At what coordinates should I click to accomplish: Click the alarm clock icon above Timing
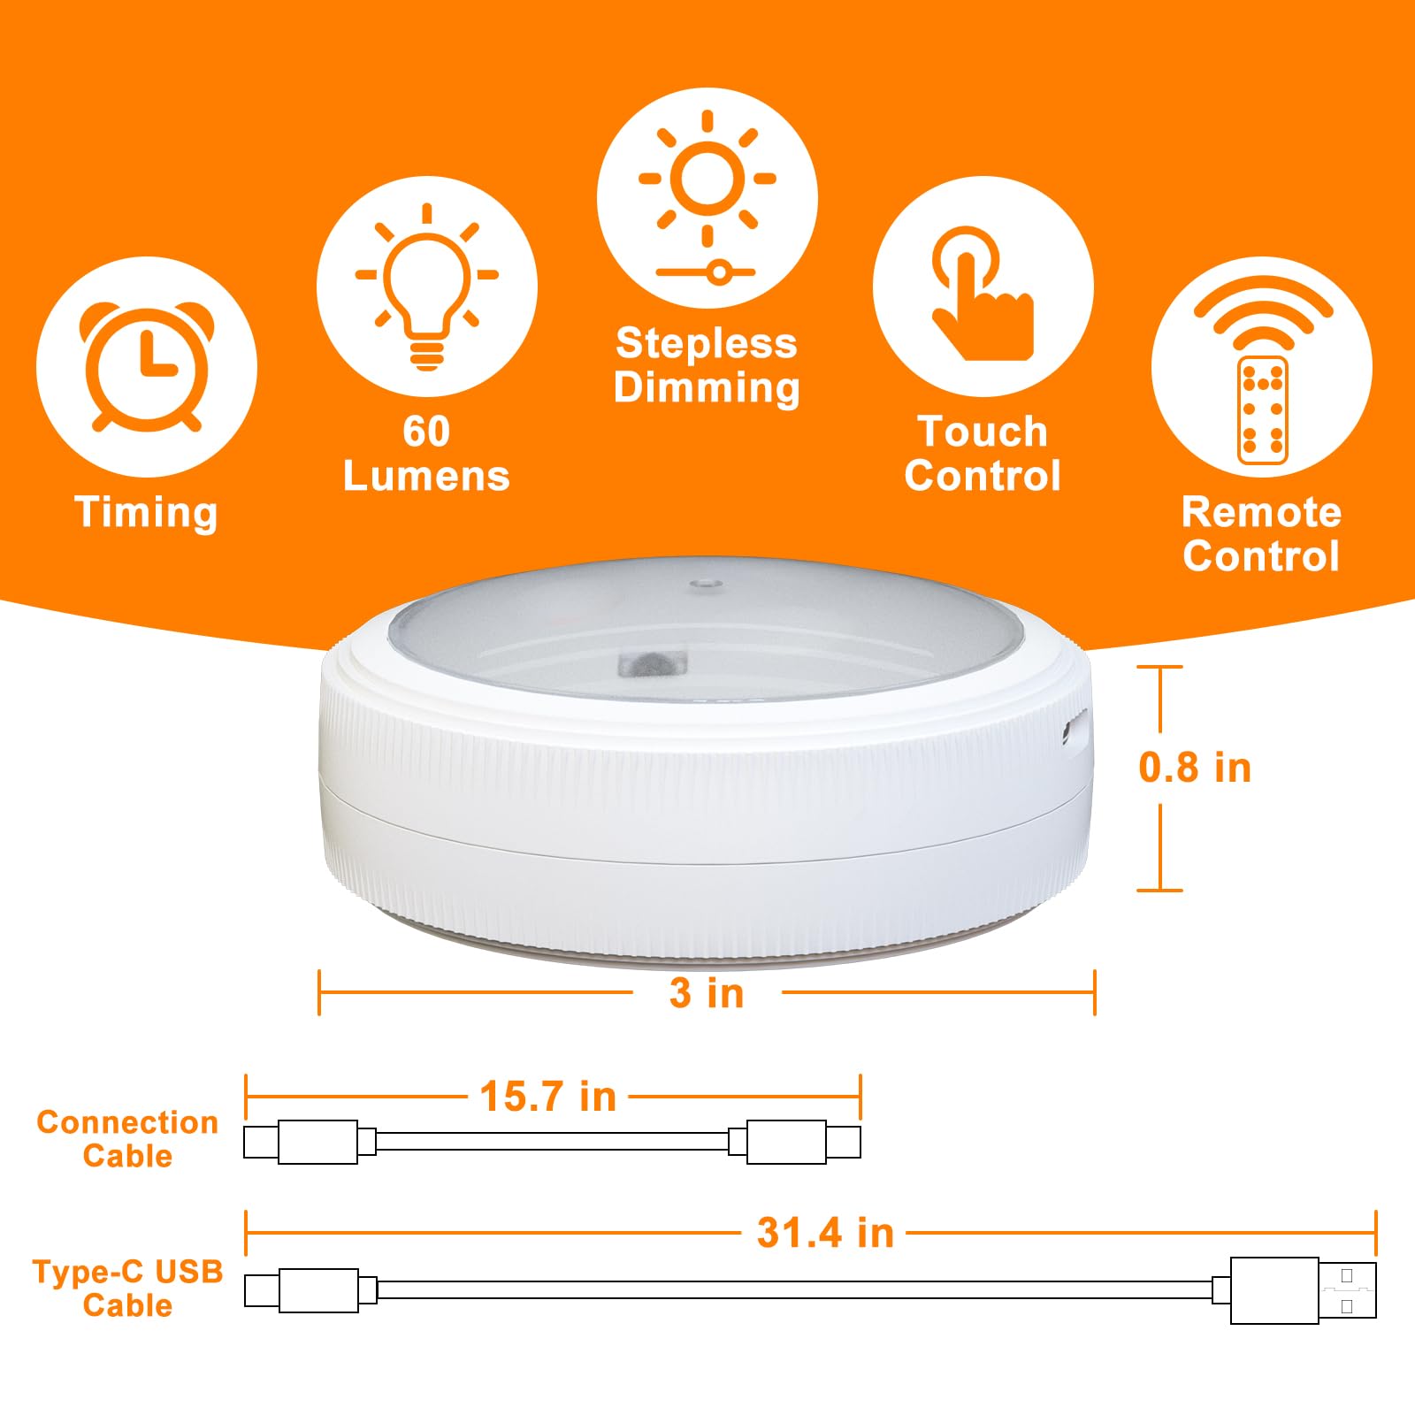pos(147,366)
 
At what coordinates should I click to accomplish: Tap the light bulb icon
pos(427,286)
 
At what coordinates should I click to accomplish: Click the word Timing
pos(146,513)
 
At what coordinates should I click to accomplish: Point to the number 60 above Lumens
pos(426,432)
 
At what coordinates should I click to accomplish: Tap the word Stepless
pos(707,343)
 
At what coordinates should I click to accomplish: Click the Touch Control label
pos(983,454)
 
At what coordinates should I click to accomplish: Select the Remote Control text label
pos(1261,534)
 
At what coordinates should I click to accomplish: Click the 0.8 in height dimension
pos(1195,768)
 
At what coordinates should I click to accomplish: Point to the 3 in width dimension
pos(707,992)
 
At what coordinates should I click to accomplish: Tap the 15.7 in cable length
pos(547,1097)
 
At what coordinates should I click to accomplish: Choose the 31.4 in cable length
pos(825,1233)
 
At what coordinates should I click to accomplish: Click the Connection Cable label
pos(127,1139)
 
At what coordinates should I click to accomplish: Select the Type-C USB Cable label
pos(127,1288)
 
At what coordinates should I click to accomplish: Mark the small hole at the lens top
pos(705,584)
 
